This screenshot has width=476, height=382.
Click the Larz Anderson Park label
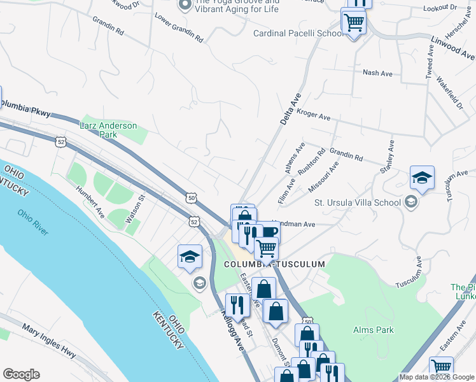(108, 130)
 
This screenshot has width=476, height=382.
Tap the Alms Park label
(374, 330)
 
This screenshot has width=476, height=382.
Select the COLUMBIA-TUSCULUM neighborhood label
(274, 264)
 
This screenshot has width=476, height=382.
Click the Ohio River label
(33, 222)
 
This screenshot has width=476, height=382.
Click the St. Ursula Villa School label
(358, 202)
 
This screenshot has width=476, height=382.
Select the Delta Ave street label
(290, 109)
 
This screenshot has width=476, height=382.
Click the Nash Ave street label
(377, 73)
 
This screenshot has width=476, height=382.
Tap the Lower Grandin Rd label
(179, 29)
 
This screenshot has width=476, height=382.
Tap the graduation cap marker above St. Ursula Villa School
(422, 178)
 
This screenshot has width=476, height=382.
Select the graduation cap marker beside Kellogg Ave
(190, 257)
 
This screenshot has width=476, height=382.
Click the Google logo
(21, 374)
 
